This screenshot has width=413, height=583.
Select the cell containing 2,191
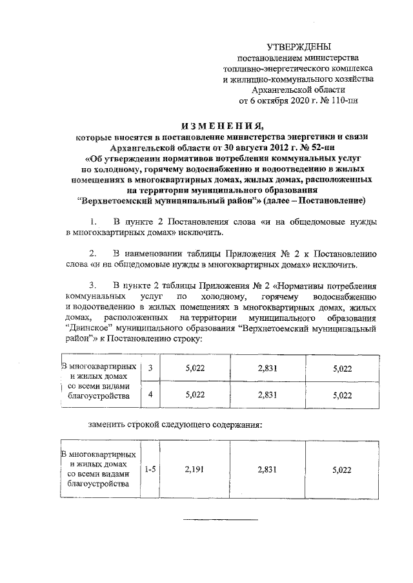(x=194, y=470)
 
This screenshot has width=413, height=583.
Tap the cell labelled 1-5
(x=150, y=470)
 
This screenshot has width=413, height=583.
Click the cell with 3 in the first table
(x=150, y=368)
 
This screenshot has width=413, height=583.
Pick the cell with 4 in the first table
(x=150, y=396)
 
